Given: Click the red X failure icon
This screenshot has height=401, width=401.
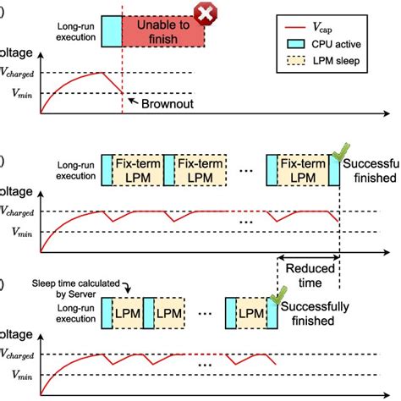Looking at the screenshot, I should [x=204, y=14].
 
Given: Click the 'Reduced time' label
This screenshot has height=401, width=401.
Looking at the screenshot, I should [x=309, y=274].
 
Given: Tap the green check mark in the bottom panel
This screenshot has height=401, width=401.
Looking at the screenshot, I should [x=277, y=297].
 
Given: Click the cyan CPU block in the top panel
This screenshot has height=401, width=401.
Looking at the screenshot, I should [x=111, y=31].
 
